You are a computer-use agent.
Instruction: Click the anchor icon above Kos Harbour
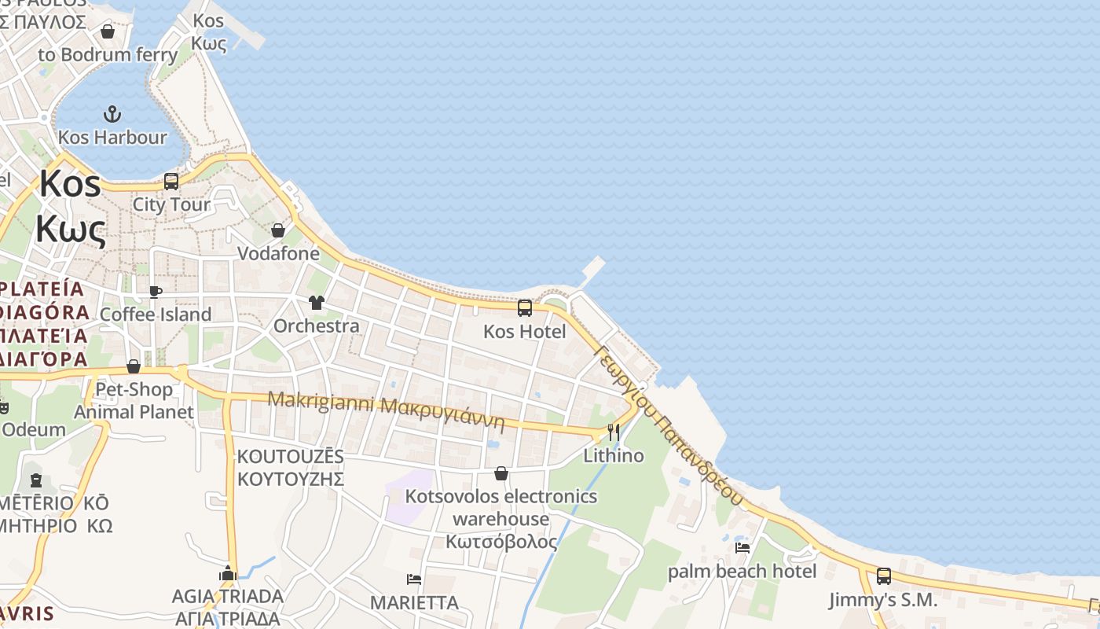point(113,114)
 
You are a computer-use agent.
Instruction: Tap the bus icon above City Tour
point(171,182)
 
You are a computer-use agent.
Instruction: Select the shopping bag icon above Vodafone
point(278,230)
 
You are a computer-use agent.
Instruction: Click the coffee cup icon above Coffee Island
point(156,292)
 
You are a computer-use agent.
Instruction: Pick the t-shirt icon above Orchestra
point(317,303)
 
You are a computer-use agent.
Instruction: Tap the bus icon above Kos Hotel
point(525,308)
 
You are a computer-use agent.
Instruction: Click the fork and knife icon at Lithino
point(614,432)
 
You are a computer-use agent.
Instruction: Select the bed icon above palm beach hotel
point(742,547)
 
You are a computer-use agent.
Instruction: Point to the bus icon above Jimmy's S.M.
point(884,576)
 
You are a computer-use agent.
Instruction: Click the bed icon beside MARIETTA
point(414,579)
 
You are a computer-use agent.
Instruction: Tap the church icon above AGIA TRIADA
point(228,573)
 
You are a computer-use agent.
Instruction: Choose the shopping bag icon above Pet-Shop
point(134,366)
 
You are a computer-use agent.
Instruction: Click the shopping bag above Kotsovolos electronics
point(501,473)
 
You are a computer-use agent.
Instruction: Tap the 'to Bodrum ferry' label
point(108,54)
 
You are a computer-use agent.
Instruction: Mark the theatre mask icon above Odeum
point(3,408)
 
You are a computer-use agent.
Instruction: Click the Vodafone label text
point(278,253)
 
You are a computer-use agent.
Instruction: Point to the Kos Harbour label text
point(112,137)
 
